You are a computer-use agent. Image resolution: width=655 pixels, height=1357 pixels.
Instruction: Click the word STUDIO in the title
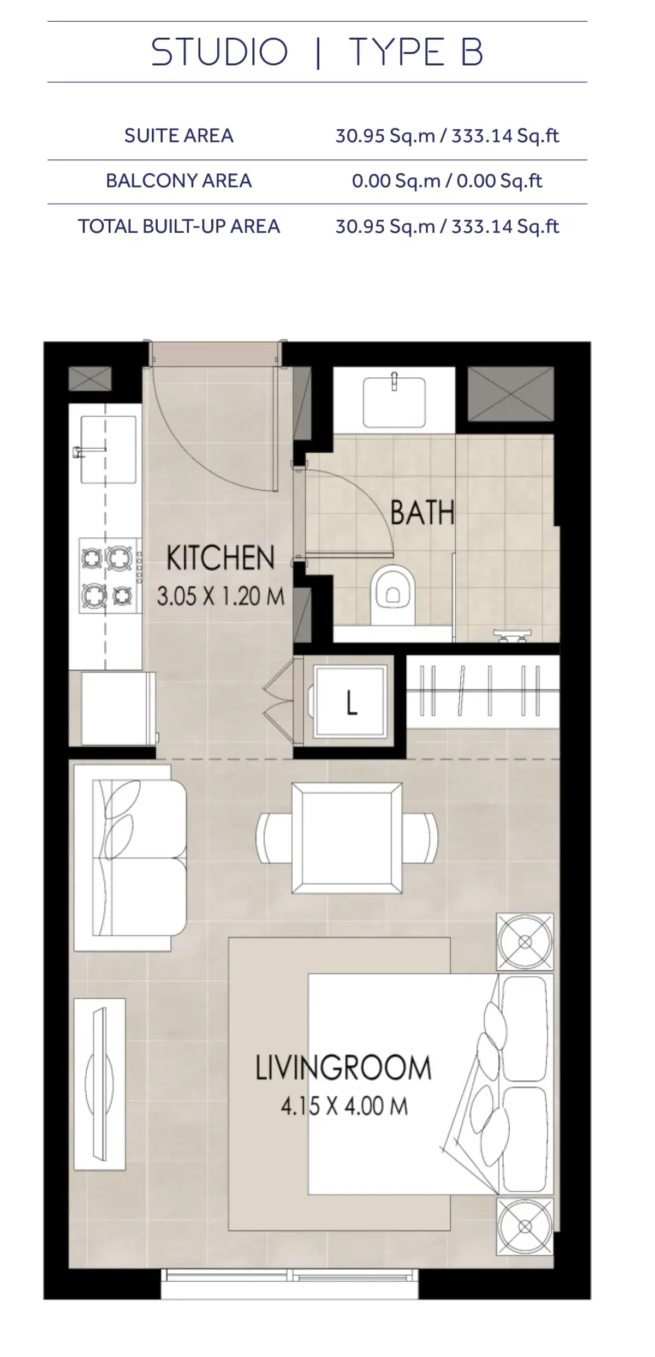(x=219, y=52)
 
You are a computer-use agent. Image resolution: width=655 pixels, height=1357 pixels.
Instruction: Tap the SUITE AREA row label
(x=178, y=136)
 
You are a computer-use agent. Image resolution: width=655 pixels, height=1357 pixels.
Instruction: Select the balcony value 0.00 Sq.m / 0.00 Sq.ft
(x=447, y=181)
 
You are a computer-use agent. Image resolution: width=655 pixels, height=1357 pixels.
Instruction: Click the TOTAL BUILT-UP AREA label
(x=178, y=226)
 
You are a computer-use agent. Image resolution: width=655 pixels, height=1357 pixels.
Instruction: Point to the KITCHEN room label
(x=221, y=558)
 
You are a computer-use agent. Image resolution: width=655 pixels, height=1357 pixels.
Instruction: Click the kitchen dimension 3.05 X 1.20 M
(x=221, y=596)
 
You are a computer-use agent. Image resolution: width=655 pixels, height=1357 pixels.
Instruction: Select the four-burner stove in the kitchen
(x=109, y=575)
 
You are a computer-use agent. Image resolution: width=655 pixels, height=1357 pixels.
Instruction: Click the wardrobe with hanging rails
(x=483, y=691)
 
